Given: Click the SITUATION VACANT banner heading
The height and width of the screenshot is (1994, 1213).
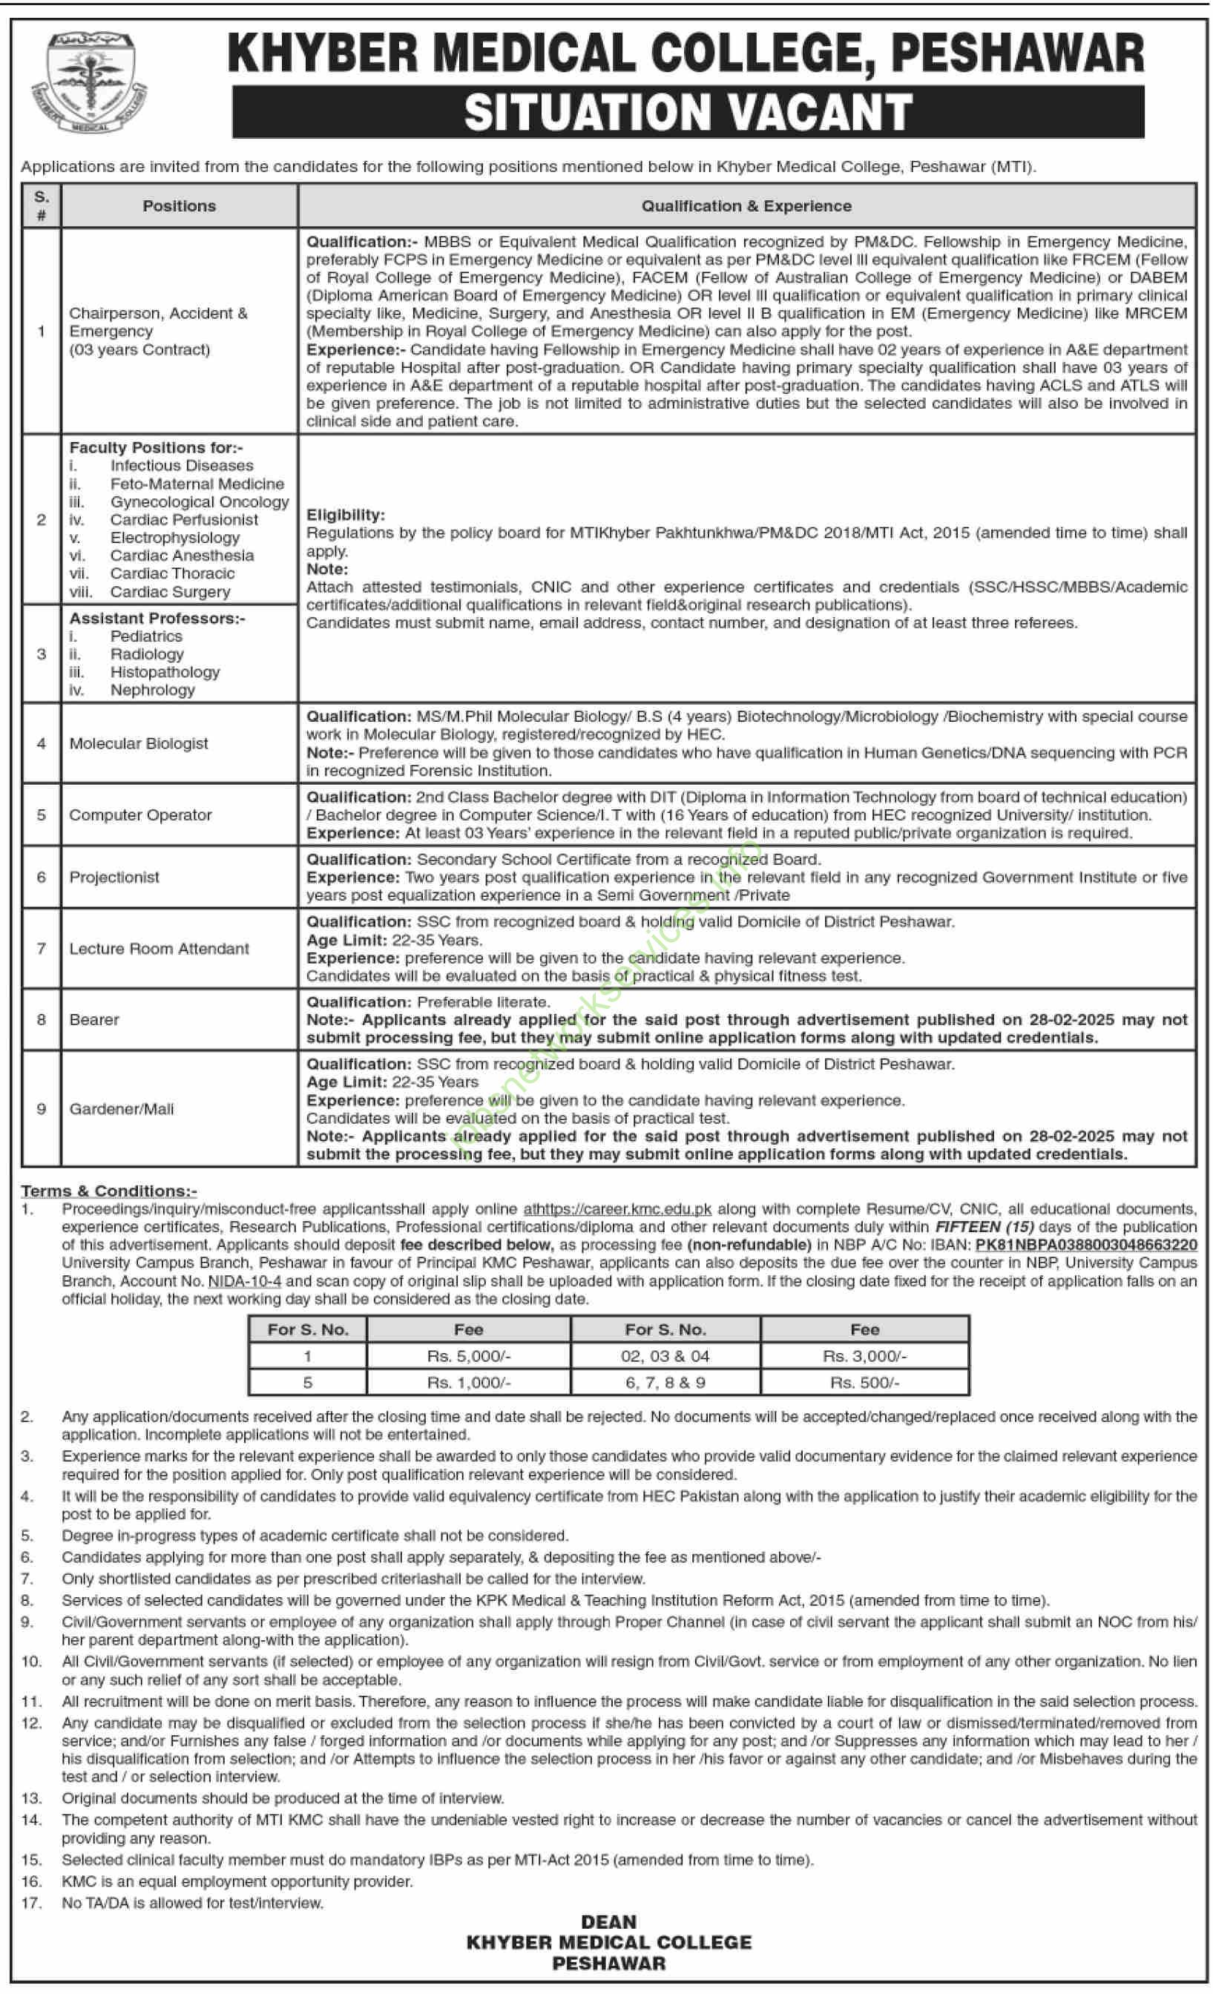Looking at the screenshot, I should (x=688, y=112).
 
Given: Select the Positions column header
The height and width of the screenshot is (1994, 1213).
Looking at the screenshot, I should (x=179, y=206).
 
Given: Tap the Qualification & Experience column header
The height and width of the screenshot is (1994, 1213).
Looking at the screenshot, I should (x=746, y=206).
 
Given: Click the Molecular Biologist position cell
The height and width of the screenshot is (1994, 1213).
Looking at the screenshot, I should (x=139, y=743).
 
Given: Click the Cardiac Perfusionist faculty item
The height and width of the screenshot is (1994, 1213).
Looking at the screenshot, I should (x=184, y=519).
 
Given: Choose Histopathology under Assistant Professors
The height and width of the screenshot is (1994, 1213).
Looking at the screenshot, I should (x=165, y=671).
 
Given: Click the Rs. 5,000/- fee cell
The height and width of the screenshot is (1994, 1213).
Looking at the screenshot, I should (x=469, y=1355).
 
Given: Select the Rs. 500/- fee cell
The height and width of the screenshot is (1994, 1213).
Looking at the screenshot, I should (x=864, y=1382).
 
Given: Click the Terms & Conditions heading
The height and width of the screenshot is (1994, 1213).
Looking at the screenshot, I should (x=108, y=1191).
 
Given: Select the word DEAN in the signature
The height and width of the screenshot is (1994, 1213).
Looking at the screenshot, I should (x=608, y=1921).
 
